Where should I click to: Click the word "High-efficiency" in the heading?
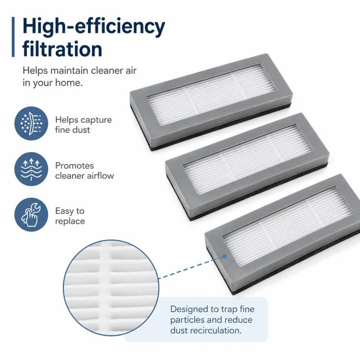coord(94,26)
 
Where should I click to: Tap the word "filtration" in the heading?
coord(62,48)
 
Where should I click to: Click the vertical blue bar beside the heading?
coord(13,37)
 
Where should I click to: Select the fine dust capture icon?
coord(31,123)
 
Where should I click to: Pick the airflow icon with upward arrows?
coord(31,169)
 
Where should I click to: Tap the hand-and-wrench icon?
coord(31,215)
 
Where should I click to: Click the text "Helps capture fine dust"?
coord(84,125)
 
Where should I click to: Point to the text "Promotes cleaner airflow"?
coord(84,170)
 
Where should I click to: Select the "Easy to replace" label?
coord(70,216)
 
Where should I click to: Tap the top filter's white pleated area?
coord(211,95)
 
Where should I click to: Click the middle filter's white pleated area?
coord(248,159)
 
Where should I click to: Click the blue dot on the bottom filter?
coord(225,256)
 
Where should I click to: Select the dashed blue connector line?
coord(191,268)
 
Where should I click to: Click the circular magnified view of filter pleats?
coord(111,288)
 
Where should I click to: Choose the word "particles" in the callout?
coord(187,320)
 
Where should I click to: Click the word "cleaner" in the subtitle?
coord(107,71)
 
